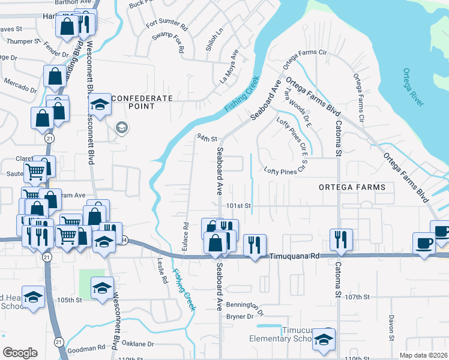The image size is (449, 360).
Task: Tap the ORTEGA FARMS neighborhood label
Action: point(352,187)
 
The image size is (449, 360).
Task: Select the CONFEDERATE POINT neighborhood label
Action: point(142,102)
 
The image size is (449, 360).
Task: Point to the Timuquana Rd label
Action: point(292,255)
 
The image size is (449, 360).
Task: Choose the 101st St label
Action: point(238,206)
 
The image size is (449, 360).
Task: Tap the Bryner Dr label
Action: point(240,316)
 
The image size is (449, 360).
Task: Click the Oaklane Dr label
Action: point(138,344)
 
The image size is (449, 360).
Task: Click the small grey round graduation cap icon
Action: point(121,128)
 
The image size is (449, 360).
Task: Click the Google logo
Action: point(20,353)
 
